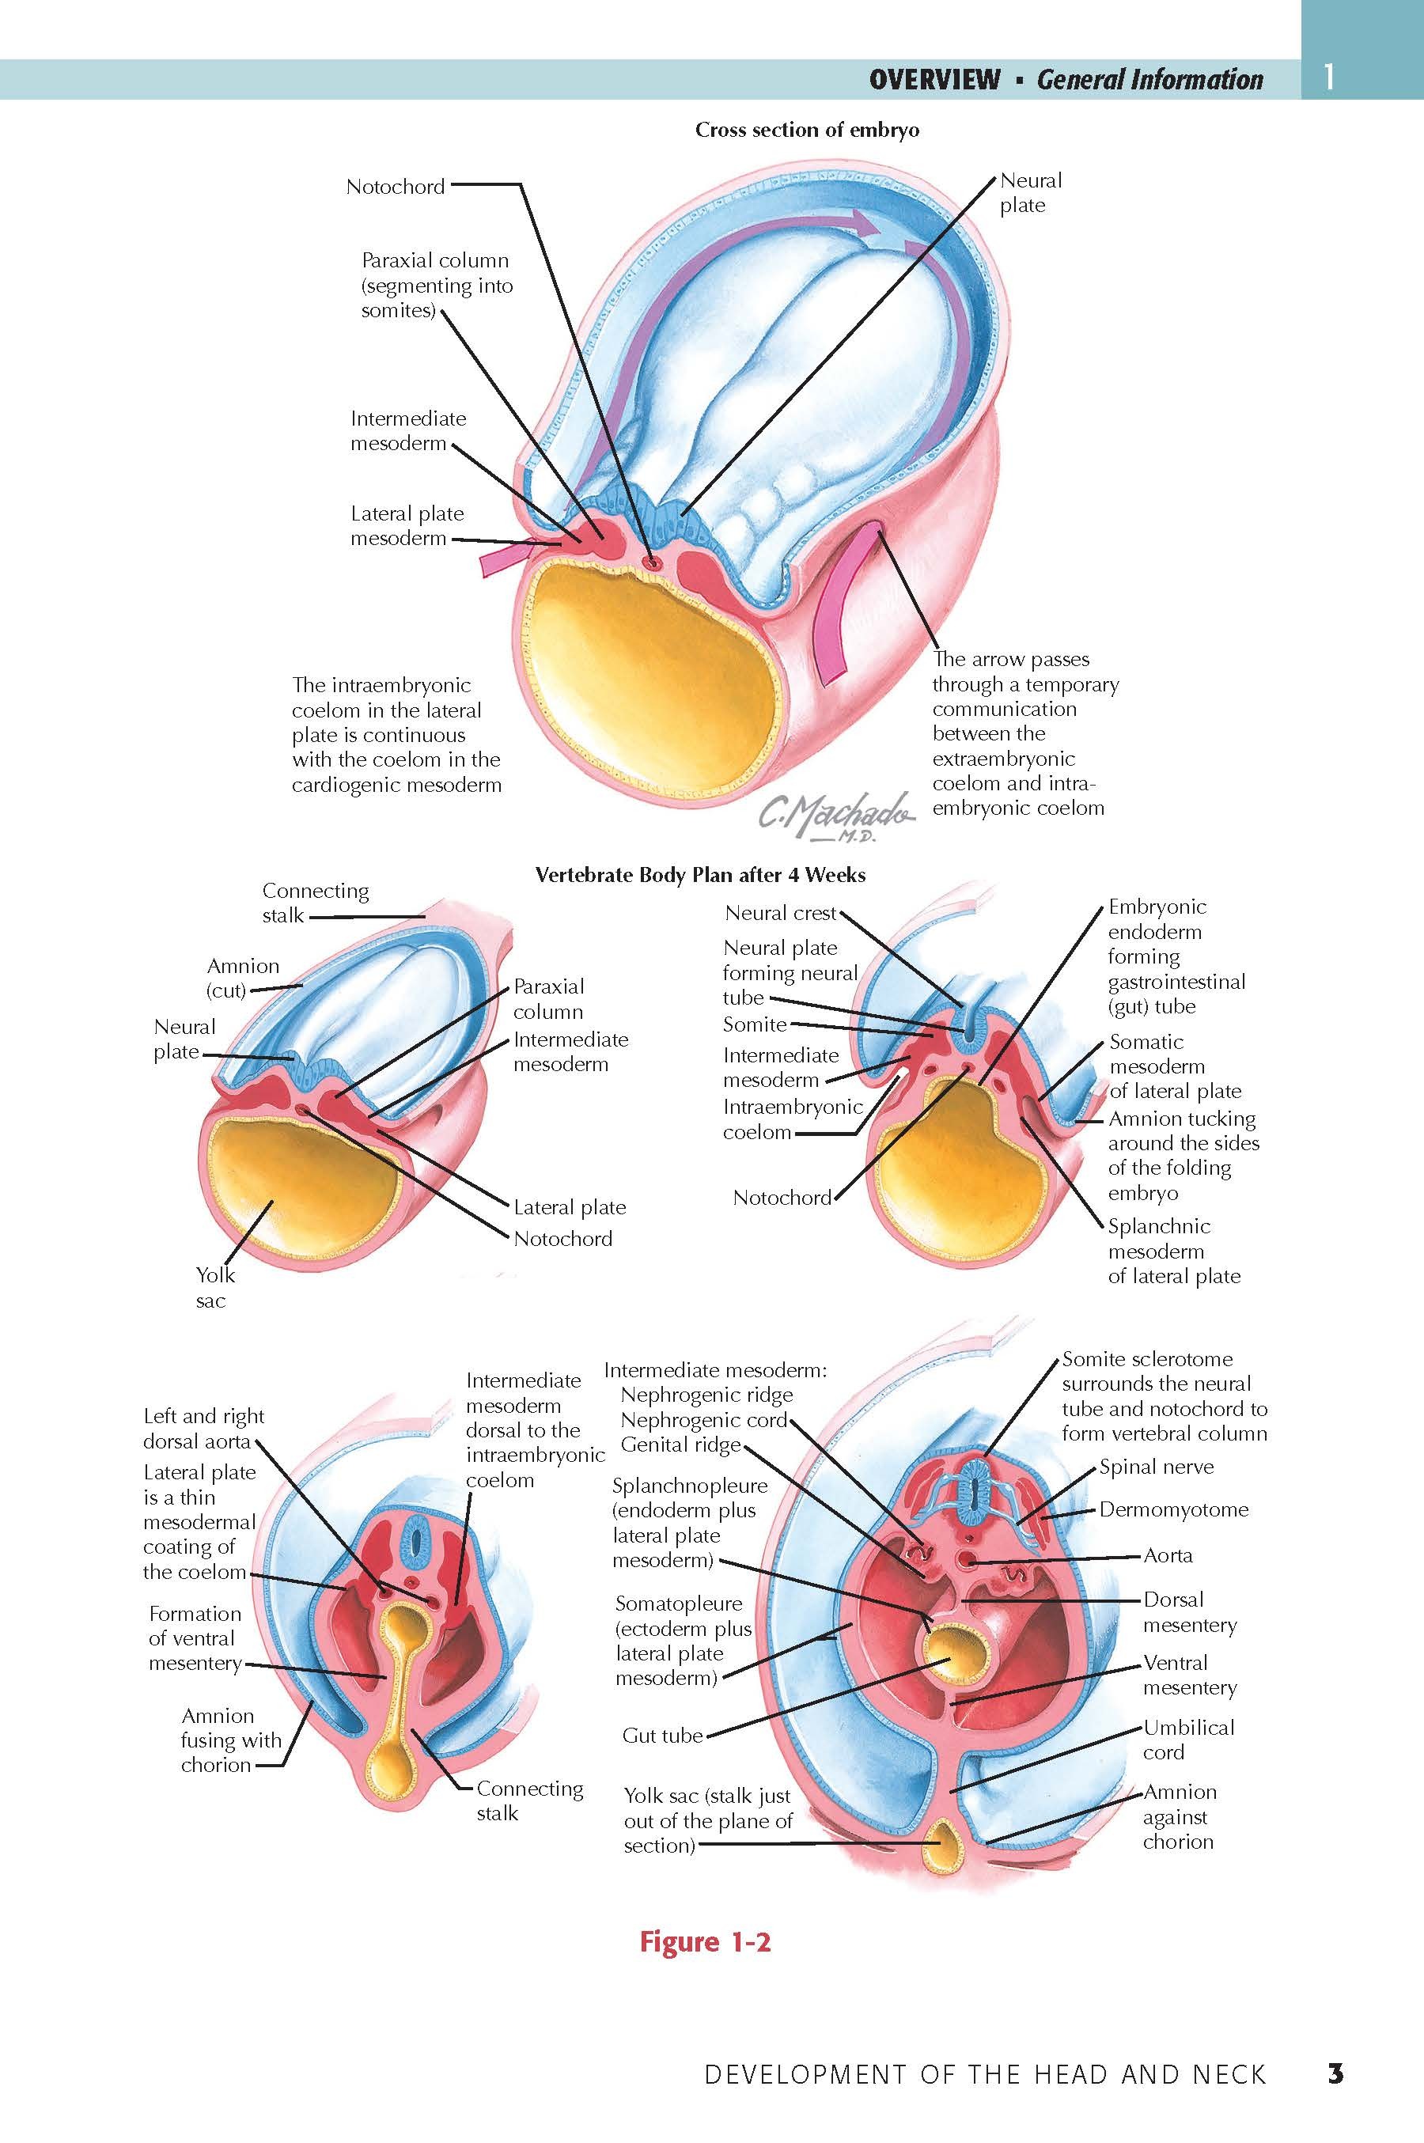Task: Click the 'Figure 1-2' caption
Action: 705,1940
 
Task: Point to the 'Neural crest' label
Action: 780,913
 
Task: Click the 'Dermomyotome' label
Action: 1173,1509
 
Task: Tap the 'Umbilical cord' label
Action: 1188,1740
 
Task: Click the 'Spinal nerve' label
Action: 1156,1467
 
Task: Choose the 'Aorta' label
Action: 1168,1555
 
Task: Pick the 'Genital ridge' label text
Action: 680,1444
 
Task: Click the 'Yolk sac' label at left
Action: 214,1287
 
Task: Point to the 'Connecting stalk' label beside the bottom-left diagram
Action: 529,1800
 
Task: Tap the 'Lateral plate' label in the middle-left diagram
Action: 570,1208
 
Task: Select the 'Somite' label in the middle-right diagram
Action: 754,1024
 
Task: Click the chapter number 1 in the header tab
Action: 1328,78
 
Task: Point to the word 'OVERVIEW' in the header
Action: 934,80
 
